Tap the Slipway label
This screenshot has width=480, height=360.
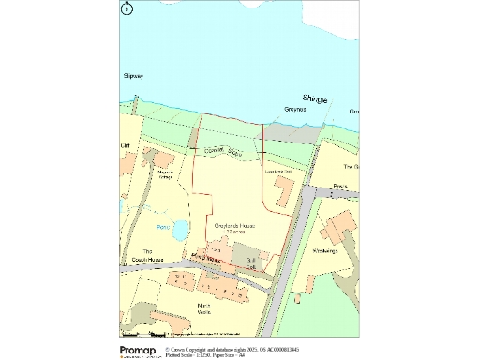(x=132, y=75)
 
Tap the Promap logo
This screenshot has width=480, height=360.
(x=137, y=350)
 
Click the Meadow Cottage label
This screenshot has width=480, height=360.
(x=167, y=175)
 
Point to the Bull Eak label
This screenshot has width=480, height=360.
(x=249, y=262)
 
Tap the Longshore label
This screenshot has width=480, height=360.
(x=279, y=172)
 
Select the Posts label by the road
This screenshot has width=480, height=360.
(x=340, y=187)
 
